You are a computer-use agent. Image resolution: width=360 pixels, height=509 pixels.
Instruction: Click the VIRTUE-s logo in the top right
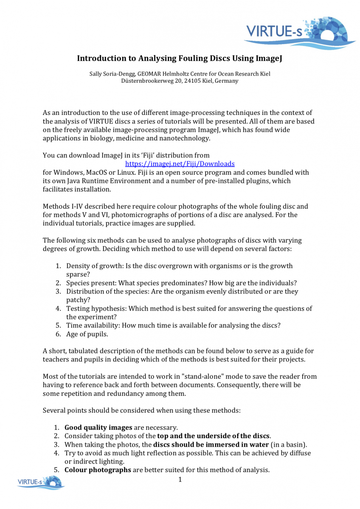click(299, 32)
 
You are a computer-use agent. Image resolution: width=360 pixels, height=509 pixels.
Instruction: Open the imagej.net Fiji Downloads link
click(180, 163)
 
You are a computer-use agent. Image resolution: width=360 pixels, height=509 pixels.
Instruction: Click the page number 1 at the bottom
click(180, 480)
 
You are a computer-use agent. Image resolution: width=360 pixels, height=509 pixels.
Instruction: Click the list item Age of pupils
click(87, 334)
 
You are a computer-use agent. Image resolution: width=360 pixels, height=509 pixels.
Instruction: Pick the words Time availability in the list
click(90, 325)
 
